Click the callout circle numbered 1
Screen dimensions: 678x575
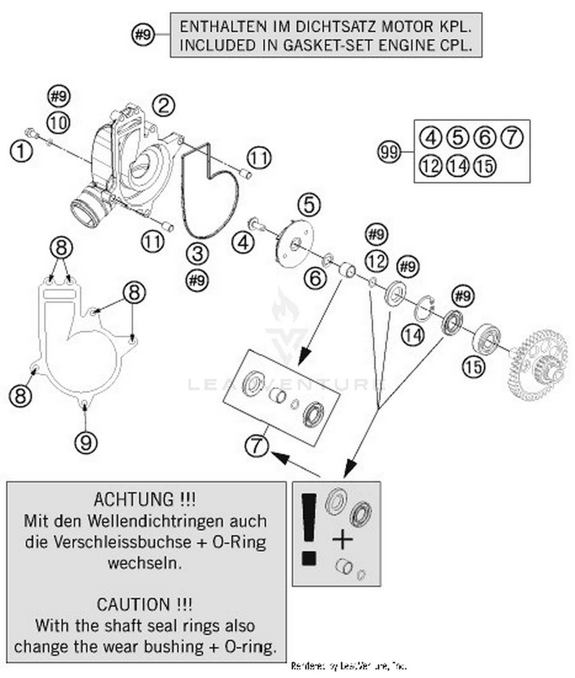21,151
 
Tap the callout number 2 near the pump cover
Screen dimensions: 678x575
164,106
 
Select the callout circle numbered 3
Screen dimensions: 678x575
197,254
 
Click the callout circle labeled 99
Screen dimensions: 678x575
389,152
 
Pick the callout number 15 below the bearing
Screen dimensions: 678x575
474,367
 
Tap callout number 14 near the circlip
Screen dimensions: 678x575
413,336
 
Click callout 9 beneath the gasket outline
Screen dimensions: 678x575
86,442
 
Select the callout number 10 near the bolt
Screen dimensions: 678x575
58,123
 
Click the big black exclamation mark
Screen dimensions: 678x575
309,529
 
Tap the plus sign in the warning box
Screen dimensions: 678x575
342,540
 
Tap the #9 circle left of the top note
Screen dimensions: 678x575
143,34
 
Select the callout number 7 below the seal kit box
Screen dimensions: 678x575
256,445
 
